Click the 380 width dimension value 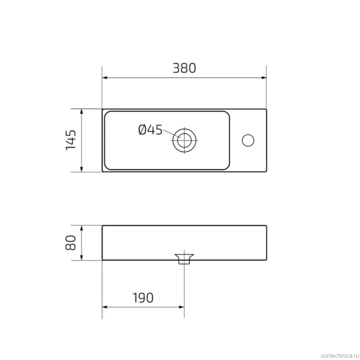pos(184,68)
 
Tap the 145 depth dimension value pos(71,140)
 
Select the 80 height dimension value pos(71,243)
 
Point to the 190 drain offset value pos(143,298)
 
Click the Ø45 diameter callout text pos(150,130)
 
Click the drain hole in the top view pos(184,140)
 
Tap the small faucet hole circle pos(248,140)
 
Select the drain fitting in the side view pos(184,259)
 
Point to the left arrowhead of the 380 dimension pos(105,78)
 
